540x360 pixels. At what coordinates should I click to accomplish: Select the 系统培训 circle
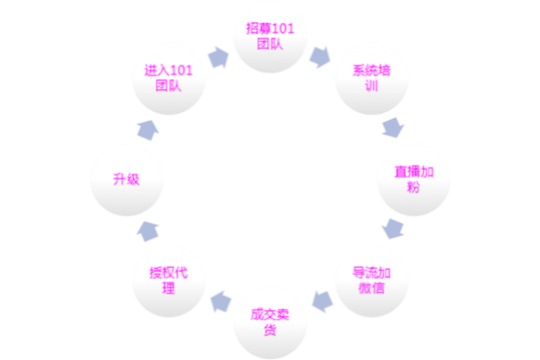[x=371, y=79]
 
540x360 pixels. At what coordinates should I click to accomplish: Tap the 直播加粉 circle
[x=413, y=180]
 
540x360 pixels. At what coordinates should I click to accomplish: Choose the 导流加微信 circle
[x=371, y=281]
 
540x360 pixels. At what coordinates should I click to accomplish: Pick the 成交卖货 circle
[x=270, y=323]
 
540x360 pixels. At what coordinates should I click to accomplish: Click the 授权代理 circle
[x=169, y=281]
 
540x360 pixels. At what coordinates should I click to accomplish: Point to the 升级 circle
[x=127, y=180]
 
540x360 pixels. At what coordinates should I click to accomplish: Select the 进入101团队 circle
[x=169, y=79]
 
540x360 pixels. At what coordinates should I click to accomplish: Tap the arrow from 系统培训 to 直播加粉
[x=393, y=128]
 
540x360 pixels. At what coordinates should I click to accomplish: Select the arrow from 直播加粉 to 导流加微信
[x=393, y=229]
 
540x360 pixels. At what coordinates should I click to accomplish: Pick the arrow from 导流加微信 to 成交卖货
[x=321, y=301]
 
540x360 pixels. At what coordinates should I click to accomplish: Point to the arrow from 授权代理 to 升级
[x=146, y=230]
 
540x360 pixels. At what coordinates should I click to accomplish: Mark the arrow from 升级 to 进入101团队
[x=146, y=129]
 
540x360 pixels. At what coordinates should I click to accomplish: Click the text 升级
[x=126, y=180]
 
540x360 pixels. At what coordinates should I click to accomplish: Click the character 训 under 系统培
[x=371, y=86]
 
